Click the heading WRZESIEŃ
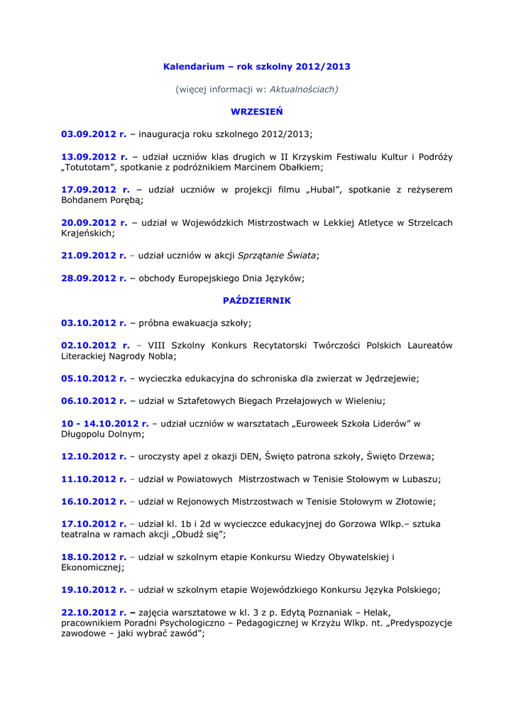pos(257,111)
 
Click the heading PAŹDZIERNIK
pos(257,300)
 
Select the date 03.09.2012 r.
pos(94,133)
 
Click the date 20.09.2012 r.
pos(94,222)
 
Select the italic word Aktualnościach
pos(303,89)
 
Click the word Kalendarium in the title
pos(194,67)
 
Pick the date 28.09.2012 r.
pos(94,278)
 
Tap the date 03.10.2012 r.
pos(94,323)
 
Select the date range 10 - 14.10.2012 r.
pos(105,423)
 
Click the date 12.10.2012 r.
pos(94,457)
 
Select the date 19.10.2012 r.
pos(94,590)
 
